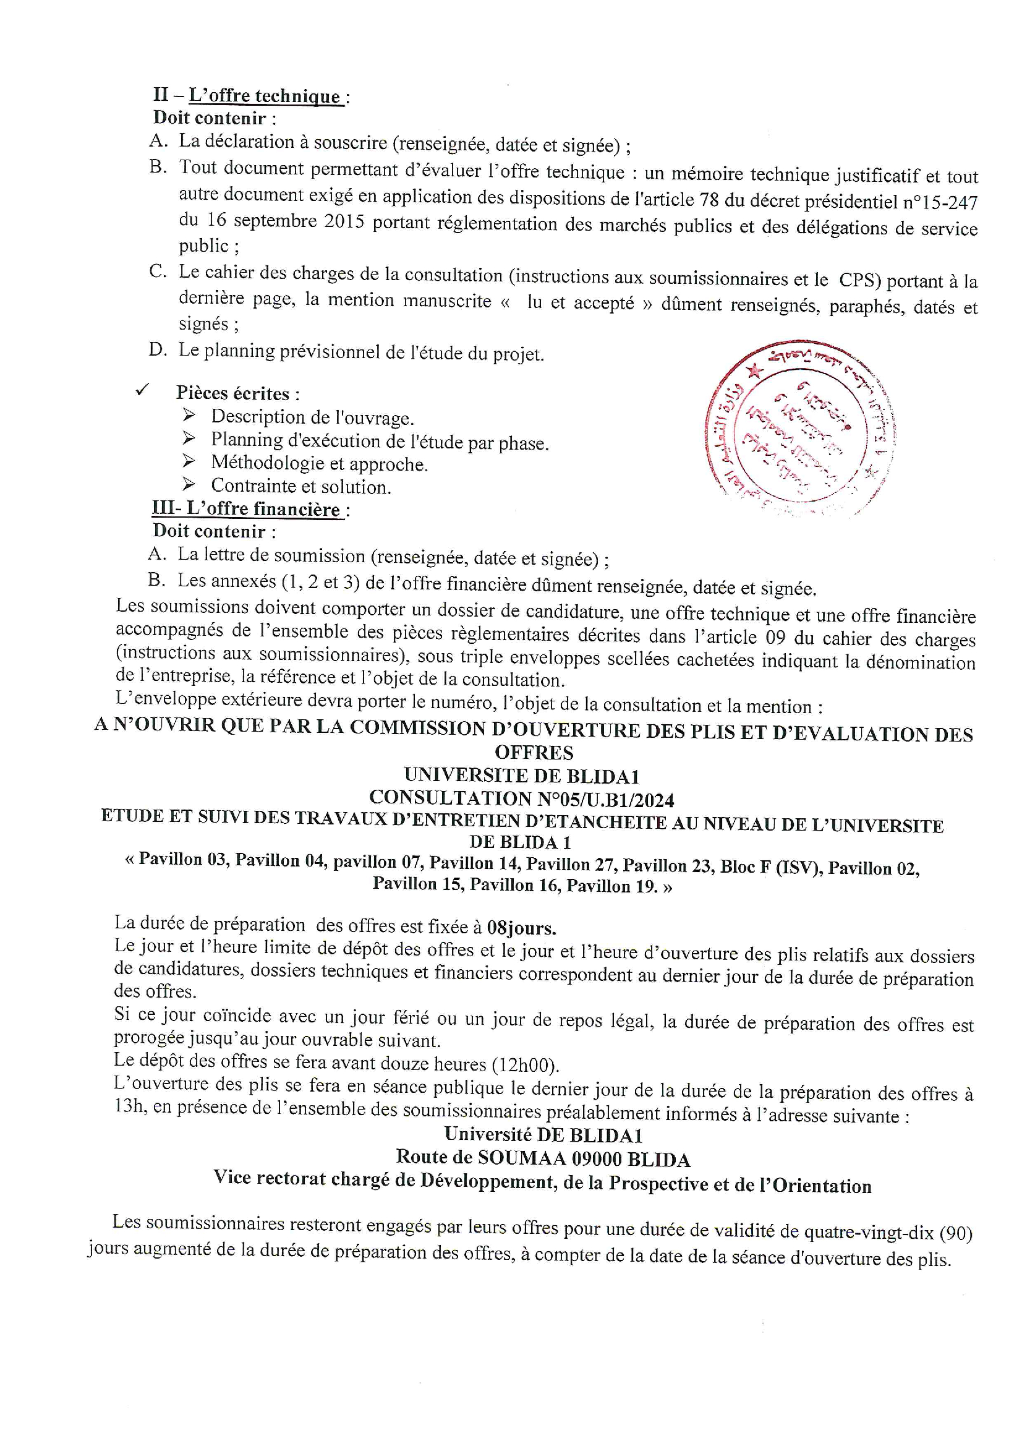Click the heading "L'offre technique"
(265, 96)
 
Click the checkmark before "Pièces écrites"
(142, 390)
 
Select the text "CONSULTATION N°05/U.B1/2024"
(521, 798)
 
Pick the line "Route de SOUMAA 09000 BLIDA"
(543, 1158)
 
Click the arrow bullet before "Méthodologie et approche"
(189, 461)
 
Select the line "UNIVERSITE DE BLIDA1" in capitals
(521, 776)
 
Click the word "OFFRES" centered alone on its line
(534, 753)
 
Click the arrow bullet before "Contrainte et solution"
(189, 484)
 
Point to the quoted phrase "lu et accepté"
(580, 303)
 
